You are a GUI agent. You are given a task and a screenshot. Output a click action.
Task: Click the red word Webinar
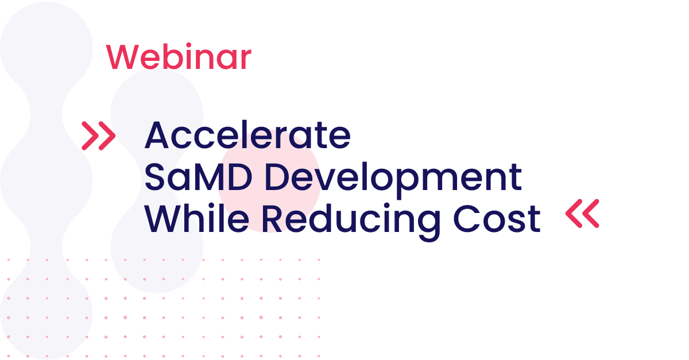(x=179, y=56)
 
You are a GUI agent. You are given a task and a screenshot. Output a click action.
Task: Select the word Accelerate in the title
(x=247, y=135)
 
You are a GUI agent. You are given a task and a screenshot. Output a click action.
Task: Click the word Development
(x=393, y=181)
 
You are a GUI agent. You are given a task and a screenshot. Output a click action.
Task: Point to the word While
(x=197, y=218)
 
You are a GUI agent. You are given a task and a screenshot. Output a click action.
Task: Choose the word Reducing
(x=351, y=222)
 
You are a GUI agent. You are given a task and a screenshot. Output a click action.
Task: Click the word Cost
(x=497, y=218)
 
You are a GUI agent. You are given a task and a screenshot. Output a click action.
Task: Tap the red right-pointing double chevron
(x=98, y=136)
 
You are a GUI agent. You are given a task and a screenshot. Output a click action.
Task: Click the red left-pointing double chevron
(x=582, y=214)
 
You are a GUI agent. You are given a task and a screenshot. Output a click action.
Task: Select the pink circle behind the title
(x=269, y=181)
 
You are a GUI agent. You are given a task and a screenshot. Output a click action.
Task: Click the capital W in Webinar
(x=122, y=57)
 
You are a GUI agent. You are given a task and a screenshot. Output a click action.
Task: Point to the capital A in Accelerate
(x=157, y=135)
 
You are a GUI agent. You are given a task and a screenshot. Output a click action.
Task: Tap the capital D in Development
(x=277, y=177)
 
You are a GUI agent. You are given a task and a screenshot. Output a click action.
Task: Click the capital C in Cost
(x=466, y=218)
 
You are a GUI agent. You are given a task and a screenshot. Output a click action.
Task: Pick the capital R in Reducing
(x=273, y=218)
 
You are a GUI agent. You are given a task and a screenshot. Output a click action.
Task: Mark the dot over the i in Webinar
(x=188, y=45)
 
